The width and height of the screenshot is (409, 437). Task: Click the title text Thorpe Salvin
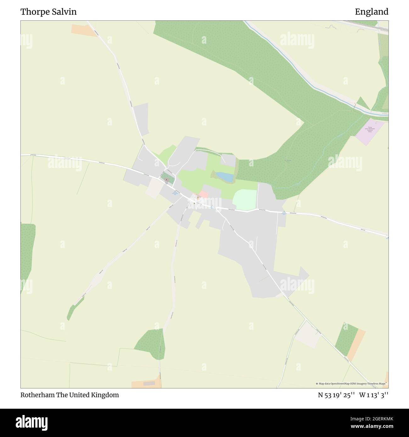point(48,12)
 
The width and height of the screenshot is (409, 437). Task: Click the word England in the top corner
point(372,12)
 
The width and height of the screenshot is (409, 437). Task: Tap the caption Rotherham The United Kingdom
point(70,395)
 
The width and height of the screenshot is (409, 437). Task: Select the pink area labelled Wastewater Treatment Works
point(369,131)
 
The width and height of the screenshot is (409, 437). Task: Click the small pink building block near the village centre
point(204,194)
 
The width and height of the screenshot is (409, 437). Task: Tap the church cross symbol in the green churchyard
point(166,180)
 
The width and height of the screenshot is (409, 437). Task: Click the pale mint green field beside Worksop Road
point(245,200)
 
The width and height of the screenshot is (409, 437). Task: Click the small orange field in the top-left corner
point(84,30)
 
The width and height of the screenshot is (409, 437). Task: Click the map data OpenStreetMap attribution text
point(351,384)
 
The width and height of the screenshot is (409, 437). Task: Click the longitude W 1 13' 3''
point(374,395)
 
